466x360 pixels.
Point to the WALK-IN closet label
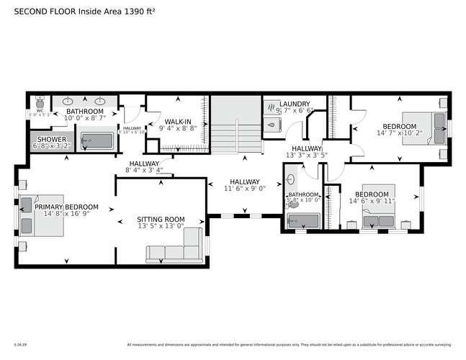[x=177, y=122]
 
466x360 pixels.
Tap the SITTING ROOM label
[x=161, y=220]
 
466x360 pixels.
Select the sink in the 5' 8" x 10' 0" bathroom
[x=292, y=177]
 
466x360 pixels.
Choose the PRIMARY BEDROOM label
[x=66, y=207]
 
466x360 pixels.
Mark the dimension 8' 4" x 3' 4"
[x=144, y=171]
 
